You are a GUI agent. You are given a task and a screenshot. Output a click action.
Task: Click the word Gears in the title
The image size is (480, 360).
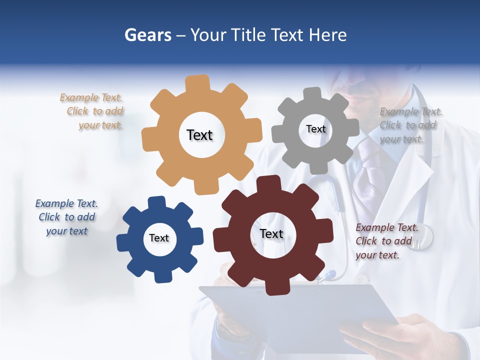coord(147,35)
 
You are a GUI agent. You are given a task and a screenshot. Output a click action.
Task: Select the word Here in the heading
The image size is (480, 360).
coord(327,35)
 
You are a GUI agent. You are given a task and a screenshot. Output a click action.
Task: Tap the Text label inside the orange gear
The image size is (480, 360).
coord(199,135)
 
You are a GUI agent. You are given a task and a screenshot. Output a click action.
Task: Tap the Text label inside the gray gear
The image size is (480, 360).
coord(316,129)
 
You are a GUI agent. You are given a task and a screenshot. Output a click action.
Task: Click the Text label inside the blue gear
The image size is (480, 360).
coord(159,238)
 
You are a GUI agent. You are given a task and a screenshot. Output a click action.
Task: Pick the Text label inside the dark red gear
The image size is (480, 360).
coord(271,234)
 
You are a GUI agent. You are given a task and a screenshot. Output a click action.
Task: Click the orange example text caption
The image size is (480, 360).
coord(92,111)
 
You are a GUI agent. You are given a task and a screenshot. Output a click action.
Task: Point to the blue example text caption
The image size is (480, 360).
coord(66,217)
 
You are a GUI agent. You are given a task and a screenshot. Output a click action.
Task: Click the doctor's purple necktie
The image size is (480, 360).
coord(368,170)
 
